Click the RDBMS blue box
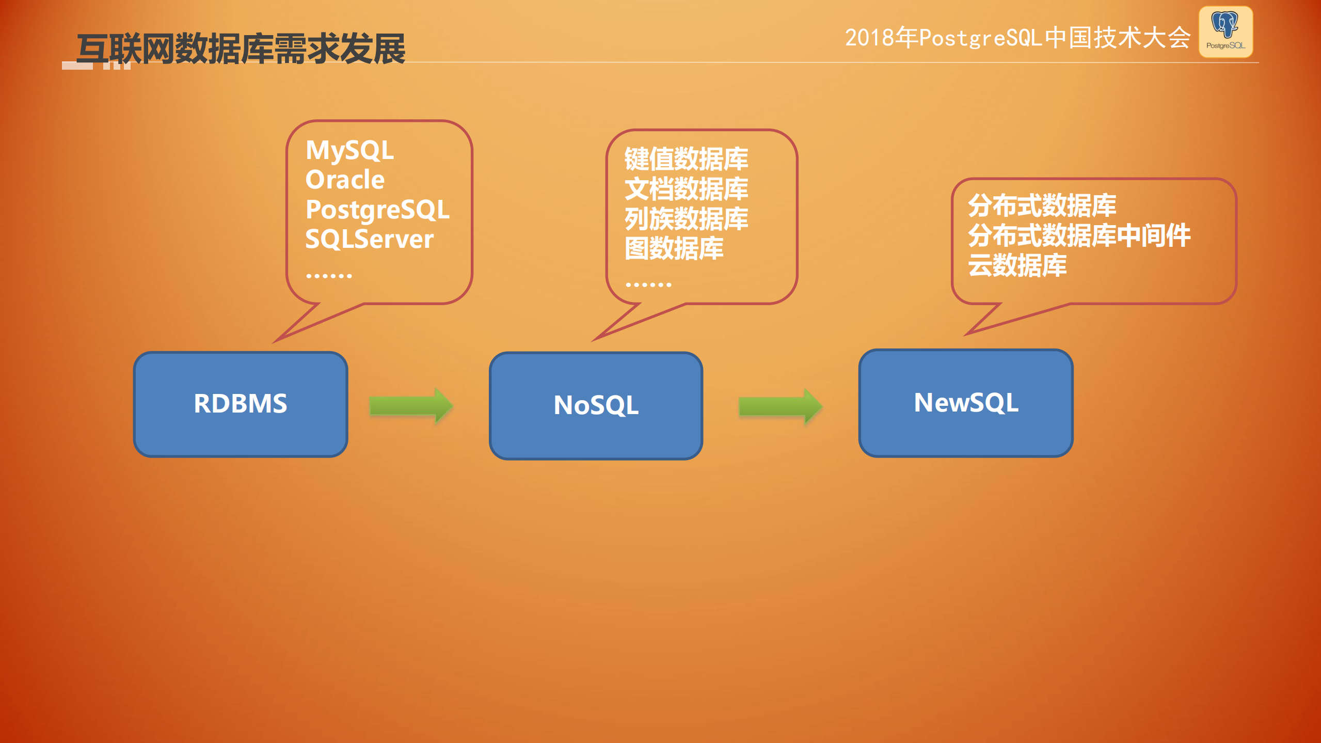pyautogui.click(x=240, y=404)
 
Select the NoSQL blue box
pyautogui.click(x=596, y=405)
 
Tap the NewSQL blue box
pyautogui.click(x=965, y=403)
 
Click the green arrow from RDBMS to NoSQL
pyautogui.click(x=411, y=406)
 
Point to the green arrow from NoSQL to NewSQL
pyautogui.click(x=779, y=406)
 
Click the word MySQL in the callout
pyautogui.click(x=349, y=151)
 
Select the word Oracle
pyautogui.click(x=345, y=180)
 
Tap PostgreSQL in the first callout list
pyautogui.click(x=377, y=210)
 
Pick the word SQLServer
pyautogui.click(x=369, y=239)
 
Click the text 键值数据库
pyautogui.click(x=686, y=159)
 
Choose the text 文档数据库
pyautogui.click(x=686, y=188)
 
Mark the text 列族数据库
pyautogui.click(x=686, y=218)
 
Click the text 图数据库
pyautogui.click(x=674, y=248)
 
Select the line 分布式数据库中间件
pyautogui.click(x=1079, y=235)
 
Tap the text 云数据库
pyautogui.click(x=1017, y=265)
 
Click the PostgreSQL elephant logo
pyautogui.click(x=1225, y=31)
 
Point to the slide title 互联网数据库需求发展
pyautogui.click(x=241, y=49)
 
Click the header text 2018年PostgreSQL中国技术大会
pyautogui.click(x=1017, y=38)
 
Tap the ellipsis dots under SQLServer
pyautogui.click(x=329, y=276)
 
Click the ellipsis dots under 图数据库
pyautogui.click(x=648, y=284)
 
